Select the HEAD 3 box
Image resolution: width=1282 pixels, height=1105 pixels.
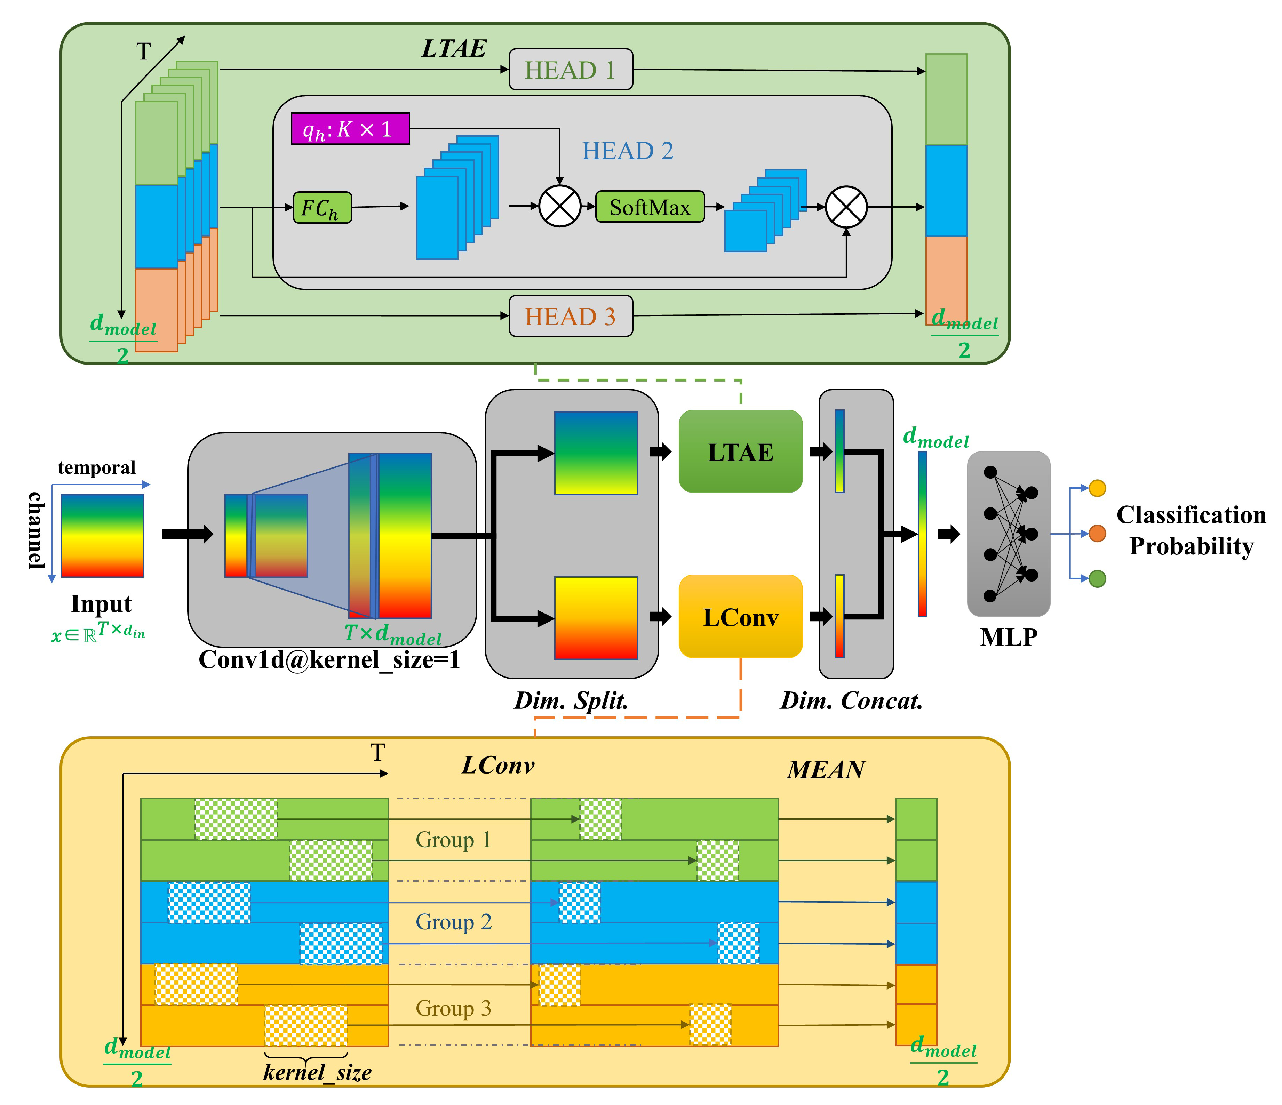tap(571, 316)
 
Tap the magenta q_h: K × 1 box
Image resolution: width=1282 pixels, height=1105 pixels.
tap(350, 129)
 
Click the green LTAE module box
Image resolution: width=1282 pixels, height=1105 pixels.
tap(741, 452)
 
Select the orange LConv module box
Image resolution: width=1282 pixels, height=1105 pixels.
tap(741, 617)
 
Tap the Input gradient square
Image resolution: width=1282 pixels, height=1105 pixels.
tap(102, 535)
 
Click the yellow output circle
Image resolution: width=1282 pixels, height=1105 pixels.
tap(1097, 488)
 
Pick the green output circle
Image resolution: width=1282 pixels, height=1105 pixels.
tap(1097, 578)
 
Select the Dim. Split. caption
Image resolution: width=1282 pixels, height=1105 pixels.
tap(571, 700)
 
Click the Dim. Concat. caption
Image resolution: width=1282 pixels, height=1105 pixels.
tap(851, 700)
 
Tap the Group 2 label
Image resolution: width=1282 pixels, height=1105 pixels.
tap(454, 922)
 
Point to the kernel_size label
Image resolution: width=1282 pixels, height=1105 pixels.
tap(317, 1072)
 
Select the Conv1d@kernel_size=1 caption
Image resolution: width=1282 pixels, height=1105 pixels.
tap(329, 660)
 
